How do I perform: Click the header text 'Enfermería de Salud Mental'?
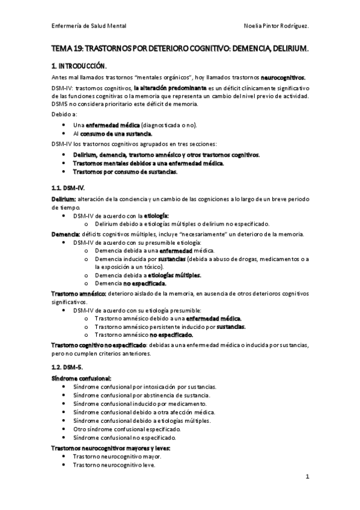coord(88,26)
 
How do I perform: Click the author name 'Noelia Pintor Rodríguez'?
coord(277,26)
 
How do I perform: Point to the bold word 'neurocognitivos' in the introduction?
coord(282,78)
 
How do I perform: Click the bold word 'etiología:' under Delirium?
coord(156,215)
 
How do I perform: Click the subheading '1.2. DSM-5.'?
coord(63,366)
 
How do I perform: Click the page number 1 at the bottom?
coord(307,479)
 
